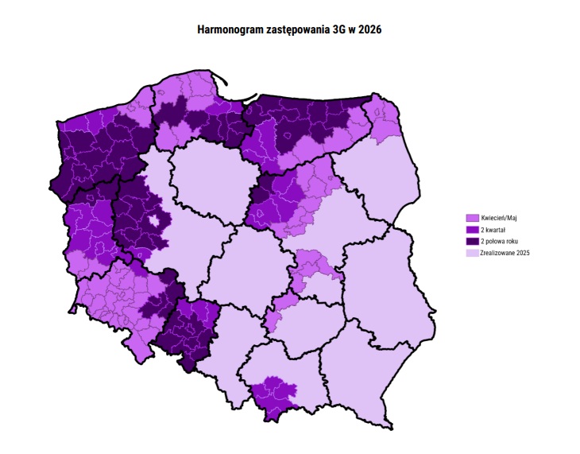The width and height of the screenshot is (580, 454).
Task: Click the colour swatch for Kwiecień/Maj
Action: click(471, 217)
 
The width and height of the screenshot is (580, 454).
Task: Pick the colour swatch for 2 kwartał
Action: click(471, 229)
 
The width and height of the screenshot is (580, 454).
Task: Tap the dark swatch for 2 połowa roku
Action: click(471, 241)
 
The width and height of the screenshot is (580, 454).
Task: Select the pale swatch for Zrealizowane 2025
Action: click(471, 253)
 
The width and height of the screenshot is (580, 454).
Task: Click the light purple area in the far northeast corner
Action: click(385, 117)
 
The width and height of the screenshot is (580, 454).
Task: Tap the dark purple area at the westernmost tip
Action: click(60, 187)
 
